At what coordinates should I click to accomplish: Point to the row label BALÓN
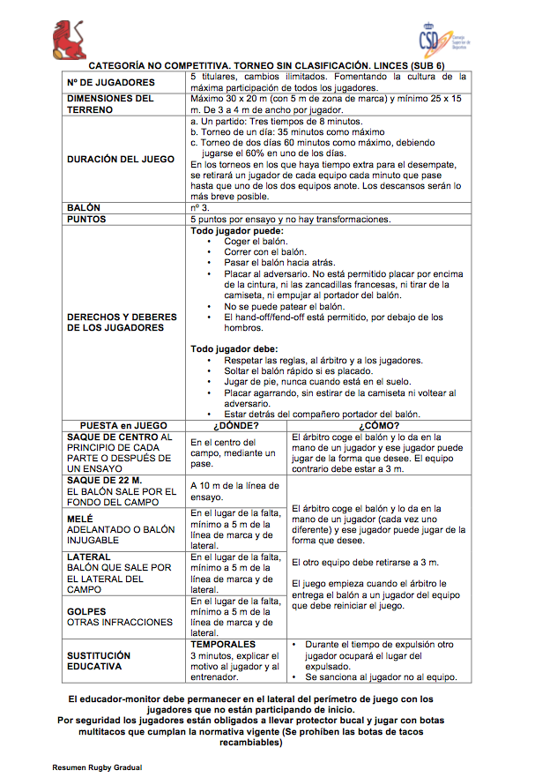pos(84,208)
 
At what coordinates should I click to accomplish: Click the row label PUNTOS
pos(86,219)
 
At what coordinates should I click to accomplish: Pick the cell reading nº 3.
pos(200,208)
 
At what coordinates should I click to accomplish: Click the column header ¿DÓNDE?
pos(237,425)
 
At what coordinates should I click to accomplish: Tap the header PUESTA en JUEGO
pos(123,425)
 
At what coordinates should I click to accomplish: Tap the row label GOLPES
pos(86,611)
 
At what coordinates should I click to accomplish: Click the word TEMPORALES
pos(223,645)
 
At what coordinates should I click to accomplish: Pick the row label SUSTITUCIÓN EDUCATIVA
pos(99,661)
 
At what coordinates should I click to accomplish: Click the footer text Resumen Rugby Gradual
pos(97,767)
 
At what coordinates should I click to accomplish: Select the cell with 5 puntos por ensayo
pos(290,219)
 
